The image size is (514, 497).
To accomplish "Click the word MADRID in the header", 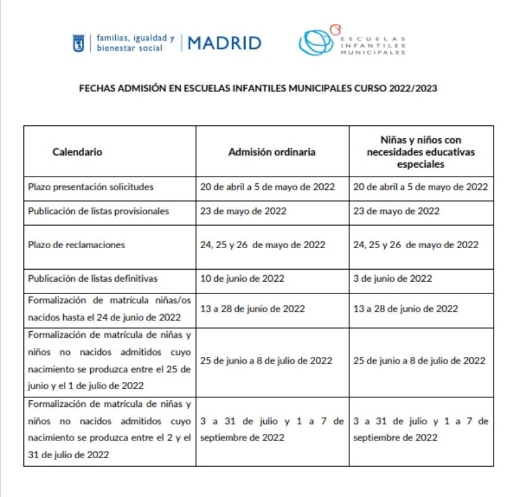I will point(224,43).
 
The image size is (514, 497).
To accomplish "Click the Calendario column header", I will point(77,152).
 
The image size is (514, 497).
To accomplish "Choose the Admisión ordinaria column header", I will point(272,152).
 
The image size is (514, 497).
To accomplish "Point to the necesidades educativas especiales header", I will point(420,152).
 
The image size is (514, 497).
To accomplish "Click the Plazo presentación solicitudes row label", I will point(91,187).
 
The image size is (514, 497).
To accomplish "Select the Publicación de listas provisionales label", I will point(99,211).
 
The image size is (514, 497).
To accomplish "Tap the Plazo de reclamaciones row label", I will point(76,245).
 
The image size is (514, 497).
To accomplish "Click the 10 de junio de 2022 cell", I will point(242,278).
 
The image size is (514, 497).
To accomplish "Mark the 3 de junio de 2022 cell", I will point(392,278).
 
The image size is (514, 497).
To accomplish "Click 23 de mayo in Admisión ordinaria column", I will point(244,211).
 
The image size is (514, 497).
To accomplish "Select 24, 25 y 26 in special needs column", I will point(415,245).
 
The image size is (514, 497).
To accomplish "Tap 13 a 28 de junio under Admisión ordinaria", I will point(253,308).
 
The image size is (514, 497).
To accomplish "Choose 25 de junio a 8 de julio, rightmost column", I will point(420,360).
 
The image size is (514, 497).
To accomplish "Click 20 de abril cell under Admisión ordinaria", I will point(267,187).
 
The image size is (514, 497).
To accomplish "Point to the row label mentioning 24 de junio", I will point(109,308).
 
